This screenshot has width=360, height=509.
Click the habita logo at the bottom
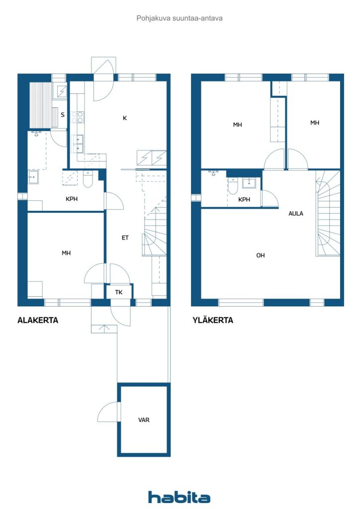coord(179,497)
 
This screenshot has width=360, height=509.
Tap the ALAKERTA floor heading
coord(38,321)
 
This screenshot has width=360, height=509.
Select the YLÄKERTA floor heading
coord(213,320)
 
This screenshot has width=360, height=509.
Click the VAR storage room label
coord(144,420)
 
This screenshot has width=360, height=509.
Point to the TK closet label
coord(119,292)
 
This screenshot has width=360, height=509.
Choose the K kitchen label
coord(125,118)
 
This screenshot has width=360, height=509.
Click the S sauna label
coord(63,115)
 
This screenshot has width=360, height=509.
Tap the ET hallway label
coord(125,238)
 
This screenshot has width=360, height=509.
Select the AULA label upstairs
coord(296,213)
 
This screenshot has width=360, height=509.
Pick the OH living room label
coord(261,255)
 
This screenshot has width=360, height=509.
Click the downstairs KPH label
coord(72,199)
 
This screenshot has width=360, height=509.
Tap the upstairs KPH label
coord(244,199)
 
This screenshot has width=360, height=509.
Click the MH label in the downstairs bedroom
coord(66,253)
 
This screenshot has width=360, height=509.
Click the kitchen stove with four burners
coord(78,117)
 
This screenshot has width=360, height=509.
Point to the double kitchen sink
coord(78,144)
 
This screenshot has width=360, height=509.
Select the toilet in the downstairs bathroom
coord(88,180)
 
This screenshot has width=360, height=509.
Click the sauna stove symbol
coord(62,91)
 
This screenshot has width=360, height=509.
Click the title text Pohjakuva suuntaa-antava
coord(180,18)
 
